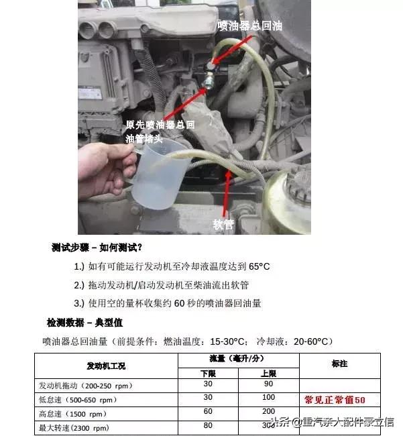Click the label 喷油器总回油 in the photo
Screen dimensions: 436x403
pyautogui.click(x=249, y=25)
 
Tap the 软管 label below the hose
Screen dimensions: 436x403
pyautogui.click(x=223, y=224)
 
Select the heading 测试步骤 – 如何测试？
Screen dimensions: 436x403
pyautogui.click(x=97, y=247)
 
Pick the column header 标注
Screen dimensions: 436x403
pyautogui.click(x=339, y=363)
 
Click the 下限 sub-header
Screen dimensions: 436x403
pyautogui.click(x=209, y=373)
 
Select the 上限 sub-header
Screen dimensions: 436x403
pyautogui.click(x=269, y=373)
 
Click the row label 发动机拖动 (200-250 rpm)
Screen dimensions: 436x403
pyautogui.click(x=87, y=386)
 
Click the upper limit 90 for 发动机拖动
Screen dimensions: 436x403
pyautogui.click(x=269, y=385)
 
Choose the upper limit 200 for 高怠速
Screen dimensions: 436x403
pyautogui.click(x=269, y=411)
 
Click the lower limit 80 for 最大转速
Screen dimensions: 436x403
pyautogui.click(x=209, y=425)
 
